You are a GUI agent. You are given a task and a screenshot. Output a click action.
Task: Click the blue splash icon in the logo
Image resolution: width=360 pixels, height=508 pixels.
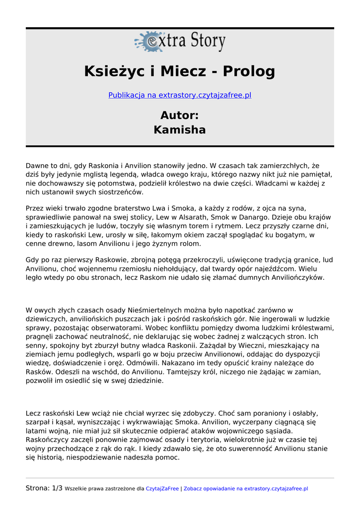[148, 42]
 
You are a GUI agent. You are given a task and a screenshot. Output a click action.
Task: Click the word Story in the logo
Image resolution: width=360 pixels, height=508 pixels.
[202, 41]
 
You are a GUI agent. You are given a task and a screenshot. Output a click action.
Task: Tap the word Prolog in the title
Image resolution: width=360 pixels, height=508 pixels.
[248, 71]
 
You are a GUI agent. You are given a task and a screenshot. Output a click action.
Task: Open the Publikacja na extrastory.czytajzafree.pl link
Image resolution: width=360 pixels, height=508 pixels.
[180, 95]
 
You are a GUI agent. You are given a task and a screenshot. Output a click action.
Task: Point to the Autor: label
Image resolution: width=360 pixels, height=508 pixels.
[180, 115]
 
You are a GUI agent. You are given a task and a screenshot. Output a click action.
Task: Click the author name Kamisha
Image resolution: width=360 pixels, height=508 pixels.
[180, 130]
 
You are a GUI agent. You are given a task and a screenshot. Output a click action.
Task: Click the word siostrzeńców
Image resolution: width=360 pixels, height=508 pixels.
[120, 191]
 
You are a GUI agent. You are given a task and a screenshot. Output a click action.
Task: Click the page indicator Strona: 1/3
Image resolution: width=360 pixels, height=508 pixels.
[44, 488]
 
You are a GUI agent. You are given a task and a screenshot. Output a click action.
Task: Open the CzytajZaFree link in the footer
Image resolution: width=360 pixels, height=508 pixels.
[162, 489]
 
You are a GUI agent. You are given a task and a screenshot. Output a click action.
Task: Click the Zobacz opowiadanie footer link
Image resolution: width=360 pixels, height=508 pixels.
[209, 489]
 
